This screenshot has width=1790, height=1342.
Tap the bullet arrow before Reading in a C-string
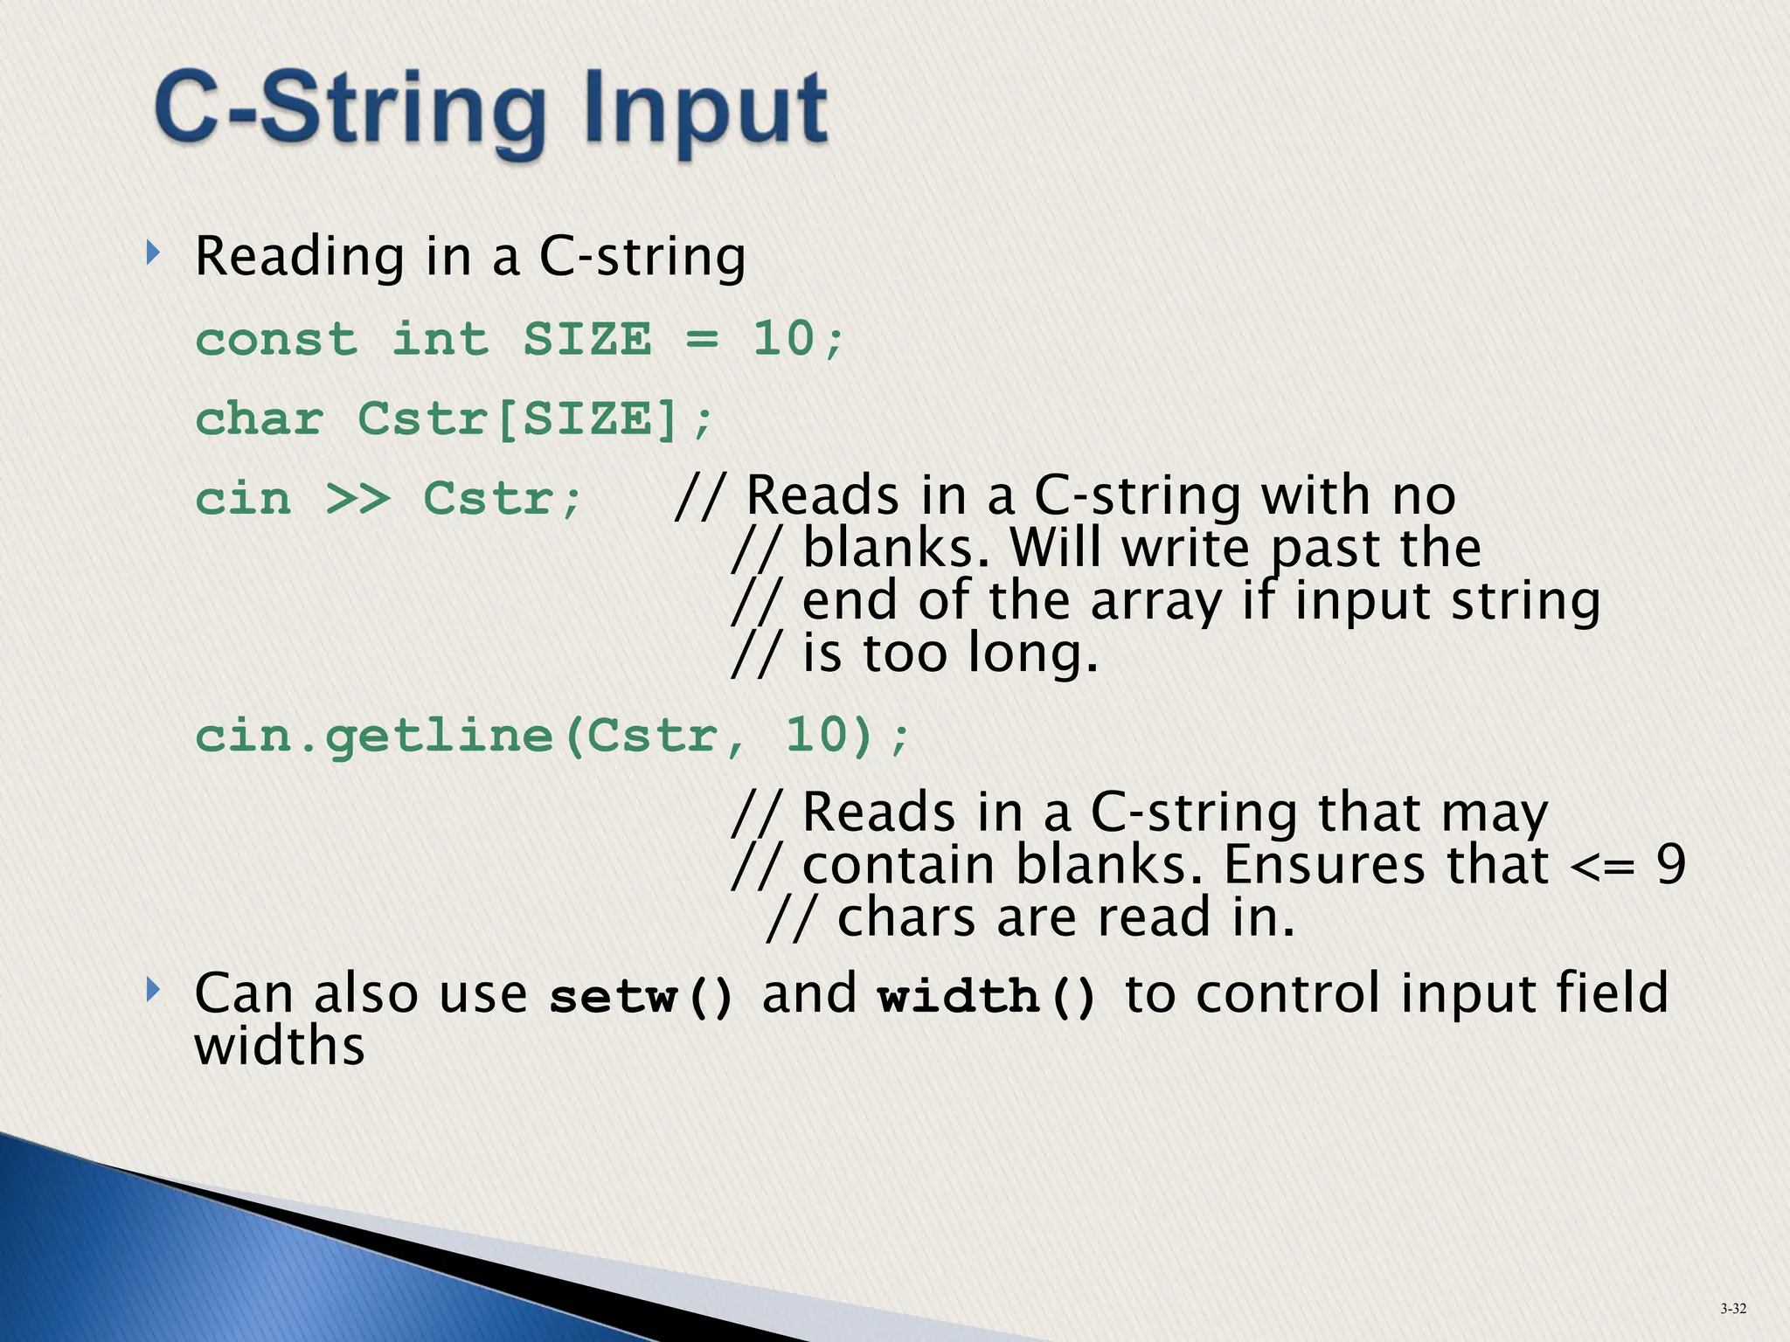pyautogui.click(x=154, y=254)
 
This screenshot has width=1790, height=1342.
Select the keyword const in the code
pyautogui.click(x=276, y=339)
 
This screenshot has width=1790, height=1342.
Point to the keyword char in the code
pyautogui.click(x=260, y=419)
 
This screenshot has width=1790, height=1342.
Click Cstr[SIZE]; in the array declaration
pyautogui.click(x=535, y=419)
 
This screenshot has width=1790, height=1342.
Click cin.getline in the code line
pyautogui.click(x=374, y=736)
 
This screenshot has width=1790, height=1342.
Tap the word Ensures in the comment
pyautogui.click(x=1325, y=865)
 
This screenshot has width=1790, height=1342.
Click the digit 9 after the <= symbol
pyautogui.click(x=1670, y=865)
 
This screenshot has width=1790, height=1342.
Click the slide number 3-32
pyautogui.click(x=1733, y=1308)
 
